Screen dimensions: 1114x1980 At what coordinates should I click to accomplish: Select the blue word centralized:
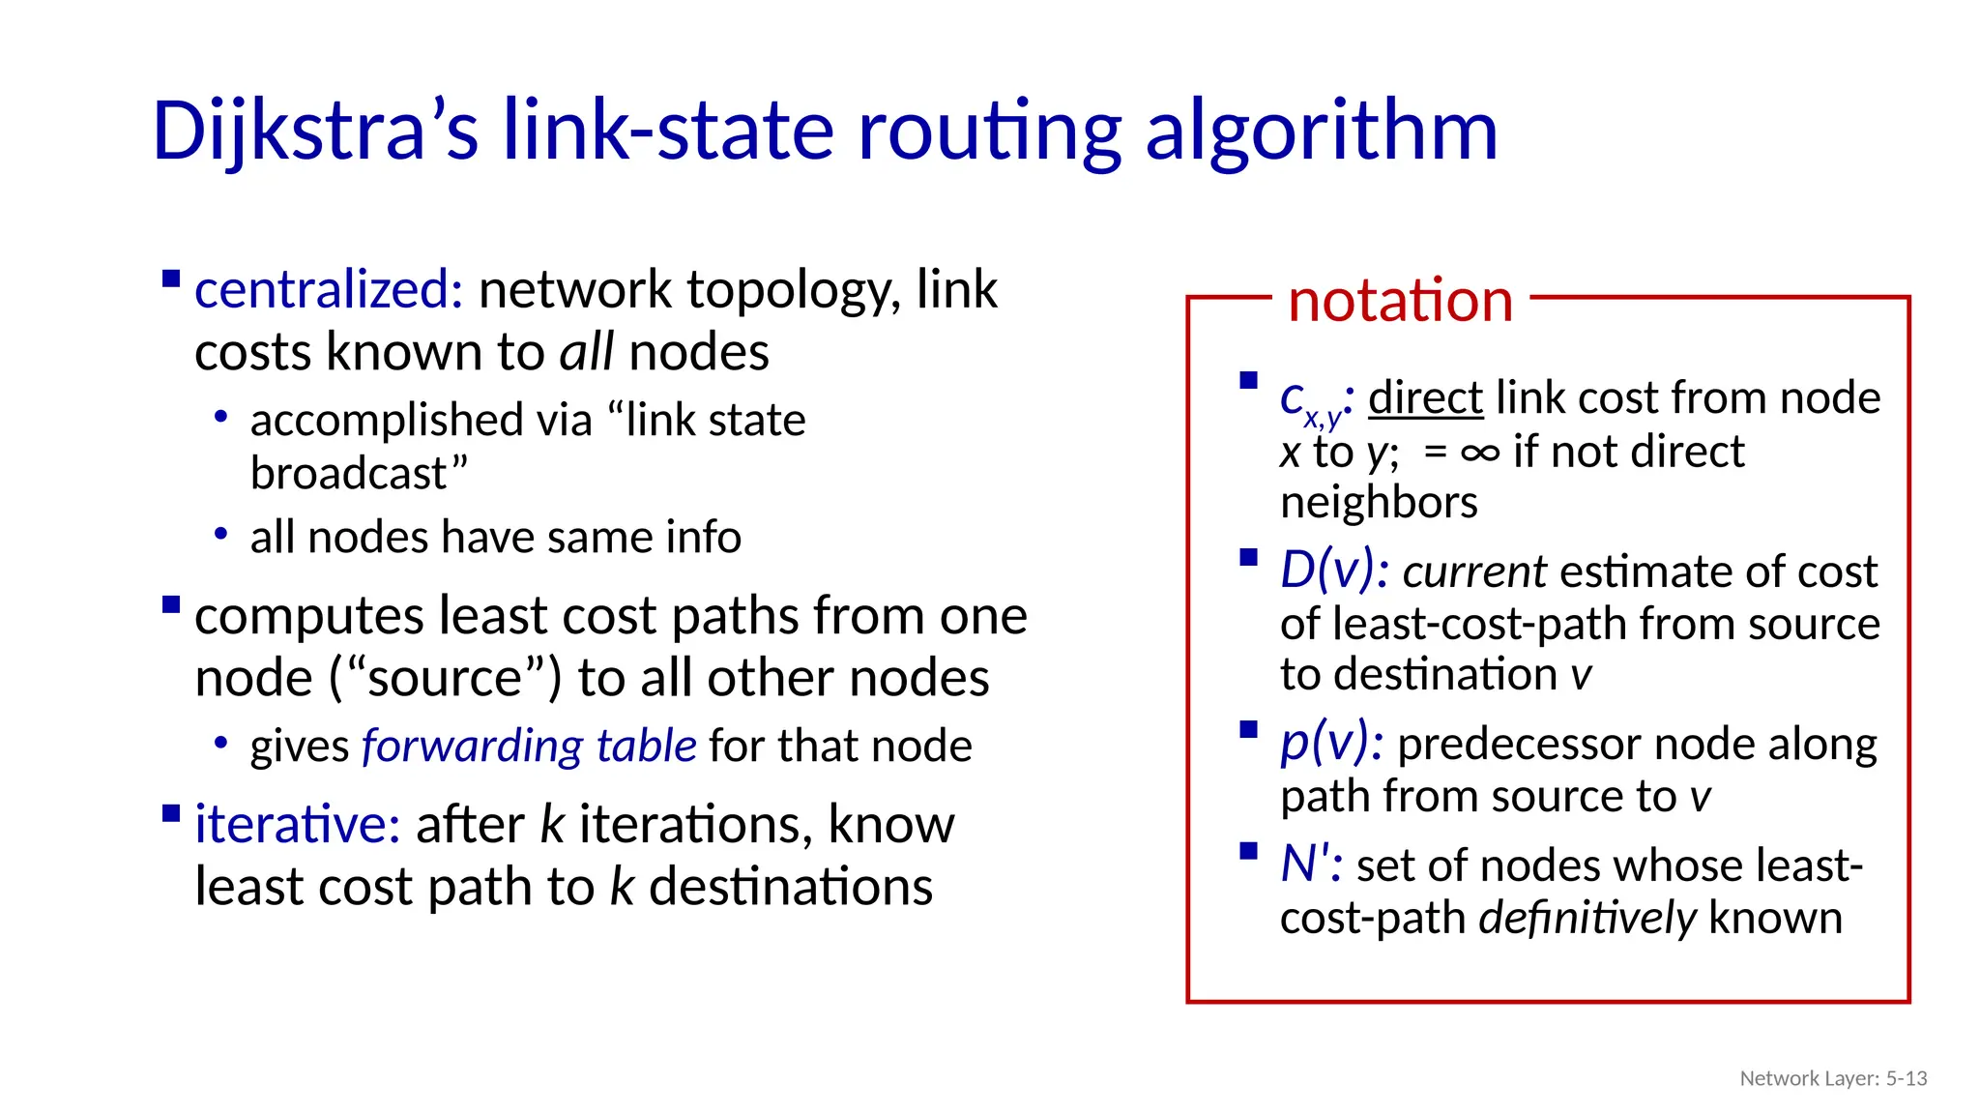[329, 289]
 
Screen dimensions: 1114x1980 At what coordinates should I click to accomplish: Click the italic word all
[586, 351]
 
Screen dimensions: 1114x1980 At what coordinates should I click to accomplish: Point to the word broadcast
[349, 474]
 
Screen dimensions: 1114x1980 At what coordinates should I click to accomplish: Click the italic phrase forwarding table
[529, 746]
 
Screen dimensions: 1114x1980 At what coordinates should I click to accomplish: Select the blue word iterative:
[298, 824]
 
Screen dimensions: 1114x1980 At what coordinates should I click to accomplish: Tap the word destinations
[791, 887]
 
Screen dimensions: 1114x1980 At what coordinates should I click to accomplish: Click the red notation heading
[1400, 300]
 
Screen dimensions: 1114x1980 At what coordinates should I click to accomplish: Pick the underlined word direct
[1425, 397]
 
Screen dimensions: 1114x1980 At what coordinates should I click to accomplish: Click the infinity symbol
[1480, 452]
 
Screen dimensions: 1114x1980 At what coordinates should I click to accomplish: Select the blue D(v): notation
[1334, 570]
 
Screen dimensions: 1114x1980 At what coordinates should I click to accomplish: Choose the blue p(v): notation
[1331, 743]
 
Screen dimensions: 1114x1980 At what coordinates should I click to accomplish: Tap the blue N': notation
[1310, 864]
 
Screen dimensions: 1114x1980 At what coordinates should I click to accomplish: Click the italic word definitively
[1587, 918]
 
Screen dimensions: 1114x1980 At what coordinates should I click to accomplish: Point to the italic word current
[1474, 572]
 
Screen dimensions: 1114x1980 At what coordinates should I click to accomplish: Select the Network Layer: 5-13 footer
[1833, 1078]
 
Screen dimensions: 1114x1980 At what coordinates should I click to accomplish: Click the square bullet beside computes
[172, 605]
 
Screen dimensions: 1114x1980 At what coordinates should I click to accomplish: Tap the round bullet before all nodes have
[221, 534]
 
